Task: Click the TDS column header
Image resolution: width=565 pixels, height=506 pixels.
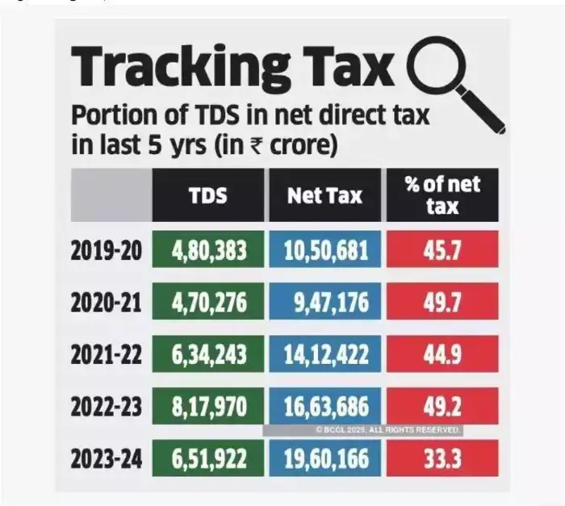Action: (208, 194)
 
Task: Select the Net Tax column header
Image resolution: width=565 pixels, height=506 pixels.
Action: (325, 194)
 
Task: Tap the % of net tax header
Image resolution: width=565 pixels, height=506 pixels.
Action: (442, 194)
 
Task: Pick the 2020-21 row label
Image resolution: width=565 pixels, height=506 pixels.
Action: (107, 303)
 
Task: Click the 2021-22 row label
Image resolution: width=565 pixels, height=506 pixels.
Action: (107, 355)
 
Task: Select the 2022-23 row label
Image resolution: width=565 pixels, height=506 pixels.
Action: (107, 408)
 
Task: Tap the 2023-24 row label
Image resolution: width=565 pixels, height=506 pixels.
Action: (107, 459)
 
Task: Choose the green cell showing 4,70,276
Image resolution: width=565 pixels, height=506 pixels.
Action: (208, 303)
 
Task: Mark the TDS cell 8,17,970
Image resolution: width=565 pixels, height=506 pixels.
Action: (208, 408)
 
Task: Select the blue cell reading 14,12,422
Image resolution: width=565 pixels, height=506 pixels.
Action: (325, 355)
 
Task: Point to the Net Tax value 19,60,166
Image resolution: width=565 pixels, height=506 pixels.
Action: (325, 459)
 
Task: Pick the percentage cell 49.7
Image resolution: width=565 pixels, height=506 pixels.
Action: (442, 303)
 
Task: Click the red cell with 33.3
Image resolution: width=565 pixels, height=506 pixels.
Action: (442, 459)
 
